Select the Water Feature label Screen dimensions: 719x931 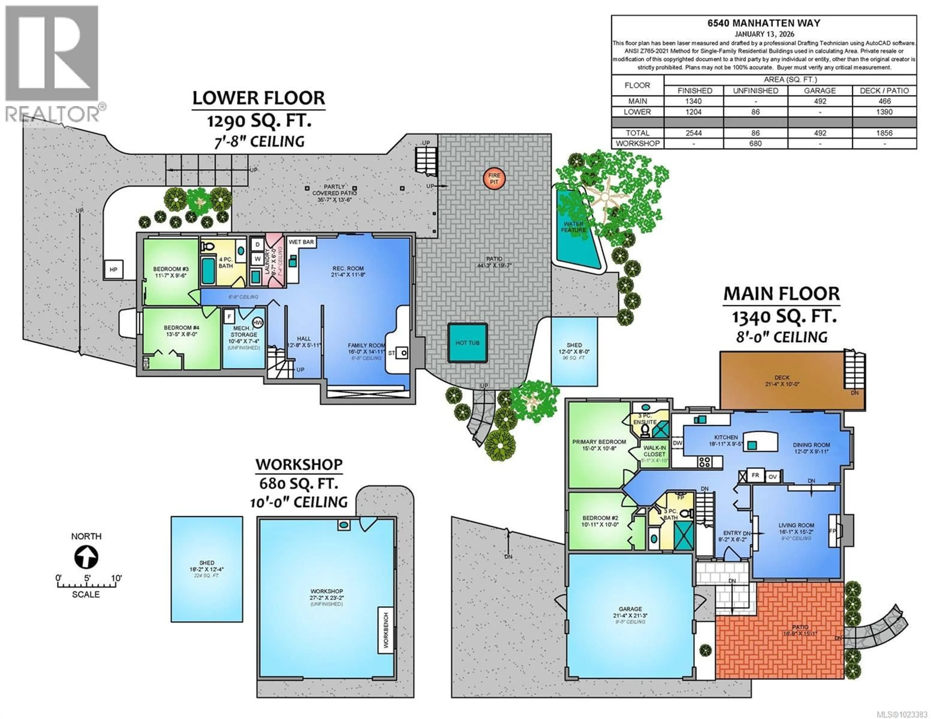[x=573, y=227]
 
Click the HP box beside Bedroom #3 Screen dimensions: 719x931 [x=113, y=269]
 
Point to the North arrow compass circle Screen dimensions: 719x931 [x=86, y=557]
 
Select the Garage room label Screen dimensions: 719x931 [x=630, y=609]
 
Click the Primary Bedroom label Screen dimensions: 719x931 [x=599, y=442]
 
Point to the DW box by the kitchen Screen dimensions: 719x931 [x=677, y=443]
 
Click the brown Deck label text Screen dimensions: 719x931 [x=782, y=378]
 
